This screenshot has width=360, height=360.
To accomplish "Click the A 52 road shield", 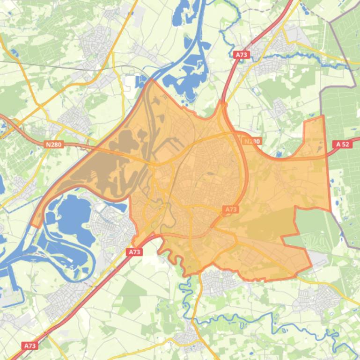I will [343, 144].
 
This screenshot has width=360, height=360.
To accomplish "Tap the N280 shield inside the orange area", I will [252, 141].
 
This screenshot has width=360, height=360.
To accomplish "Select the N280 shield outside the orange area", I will [54, 144].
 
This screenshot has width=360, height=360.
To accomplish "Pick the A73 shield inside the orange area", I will [231, 209].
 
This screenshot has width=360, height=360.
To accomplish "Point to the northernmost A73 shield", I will [241, 55].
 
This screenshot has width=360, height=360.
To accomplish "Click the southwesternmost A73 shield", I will [29, 346].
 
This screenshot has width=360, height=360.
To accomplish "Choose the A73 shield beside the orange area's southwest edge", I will [134, 252].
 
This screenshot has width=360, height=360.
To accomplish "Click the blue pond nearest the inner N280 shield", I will [279, 152].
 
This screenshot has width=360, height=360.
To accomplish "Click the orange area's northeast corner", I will [323, 116].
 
